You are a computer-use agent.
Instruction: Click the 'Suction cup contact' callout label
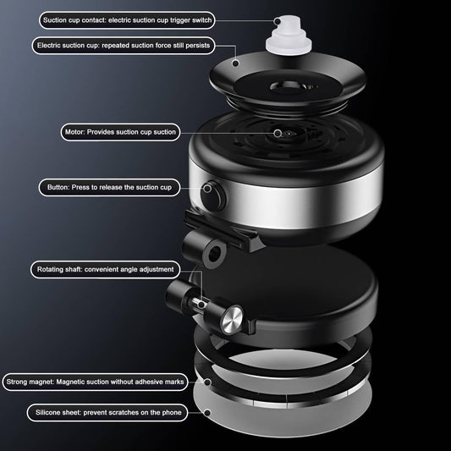point(127,20)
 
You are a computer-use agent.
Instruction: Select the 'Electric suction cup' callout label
point(124,46)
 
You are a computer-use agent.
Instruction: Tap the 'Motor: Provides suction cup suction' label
point(120,132)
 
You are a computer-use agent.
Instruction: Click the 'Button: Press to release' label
point(109,188)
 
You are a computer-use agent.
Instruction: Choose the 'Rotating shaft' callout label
point(105,270)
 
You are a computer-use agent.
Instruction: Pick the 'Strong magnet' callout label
point(95,382)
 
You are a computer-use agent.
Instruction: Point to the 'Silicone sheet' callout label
point(107,413)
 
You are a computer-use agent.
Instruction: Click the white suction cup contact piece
point(289,36)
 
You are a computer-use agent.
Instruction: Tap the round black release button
point(213,195)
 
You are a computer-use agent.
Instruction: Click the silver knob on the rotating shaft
point(232,320)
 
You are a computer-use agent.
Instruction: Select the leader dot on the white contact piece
point(278,21)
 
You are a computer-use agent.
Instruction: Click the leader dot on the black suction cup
point(235,63)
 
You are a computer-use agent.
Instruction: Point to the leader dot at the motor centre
point(278,133)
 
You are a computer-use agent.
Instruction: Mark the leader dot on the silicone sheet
point(207,413)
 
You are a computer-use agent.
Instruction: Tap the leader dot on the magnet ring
point(207,382)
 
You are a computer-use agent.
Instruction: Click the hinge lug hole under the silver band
point(214,255)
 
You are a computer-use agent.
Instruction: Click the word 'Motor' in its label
point(74,132)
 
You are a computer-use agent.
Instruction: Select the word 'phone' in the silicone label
point(172,412)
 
